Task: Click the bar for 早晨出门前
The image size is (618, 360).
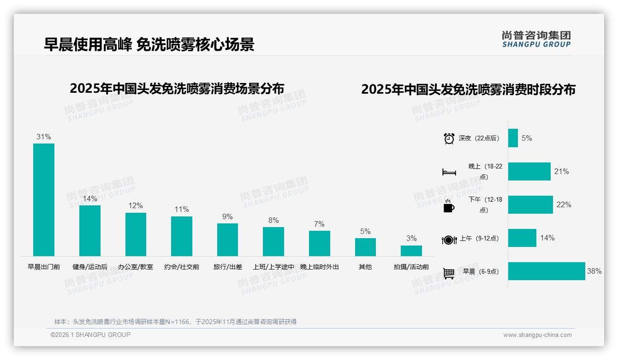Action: click(x=44, y=199)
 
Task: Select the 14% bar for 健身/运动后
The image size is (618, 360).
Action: click(x=89, y=230)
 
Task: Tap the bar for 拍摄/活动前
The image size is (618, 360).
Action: click(x=411, y=251)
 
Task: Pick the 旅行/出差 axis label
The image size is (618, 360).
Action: click(x=227, y=267)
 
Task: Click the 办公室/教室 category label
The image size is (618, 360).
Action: click(x=136, y=267)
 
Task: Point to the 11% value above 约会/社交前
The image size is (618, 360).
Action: click(x=182, y=209)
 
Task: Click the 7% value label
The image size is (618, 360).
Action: click(x=319, y=224)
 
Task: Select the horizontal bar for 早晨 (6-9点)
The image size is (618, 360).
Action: click(x=547, y=271)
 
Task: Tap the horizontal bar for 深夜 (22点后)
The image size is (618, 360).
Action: click(x=513, y=138)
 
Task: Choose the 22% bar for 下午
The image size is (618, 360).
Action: click(x=530, y=204)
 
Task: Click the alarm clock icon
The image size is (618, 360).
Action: click(x=449, y=138)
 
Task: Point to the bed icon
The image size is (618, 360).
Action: click(x=449, y=172)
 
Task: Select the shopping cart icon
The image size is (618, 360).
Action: click(x=449, y=273)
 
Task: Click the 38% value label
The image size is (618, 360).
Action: click(x=594, y=271)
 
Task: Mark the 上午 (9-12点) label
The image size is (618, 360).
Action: click(x=479, y=239)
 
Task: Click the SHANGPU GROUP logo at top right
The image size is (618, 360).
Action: click(x=536, y=39)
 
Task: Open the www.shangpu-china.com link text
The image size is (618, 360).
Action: click(x=537, y=335)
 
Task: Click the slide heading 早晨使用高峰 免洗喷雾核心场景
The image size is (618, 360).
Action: click(x=149, y=44)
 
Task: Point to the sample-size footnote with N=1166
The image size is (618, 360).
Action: click(x=175, y=322)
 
